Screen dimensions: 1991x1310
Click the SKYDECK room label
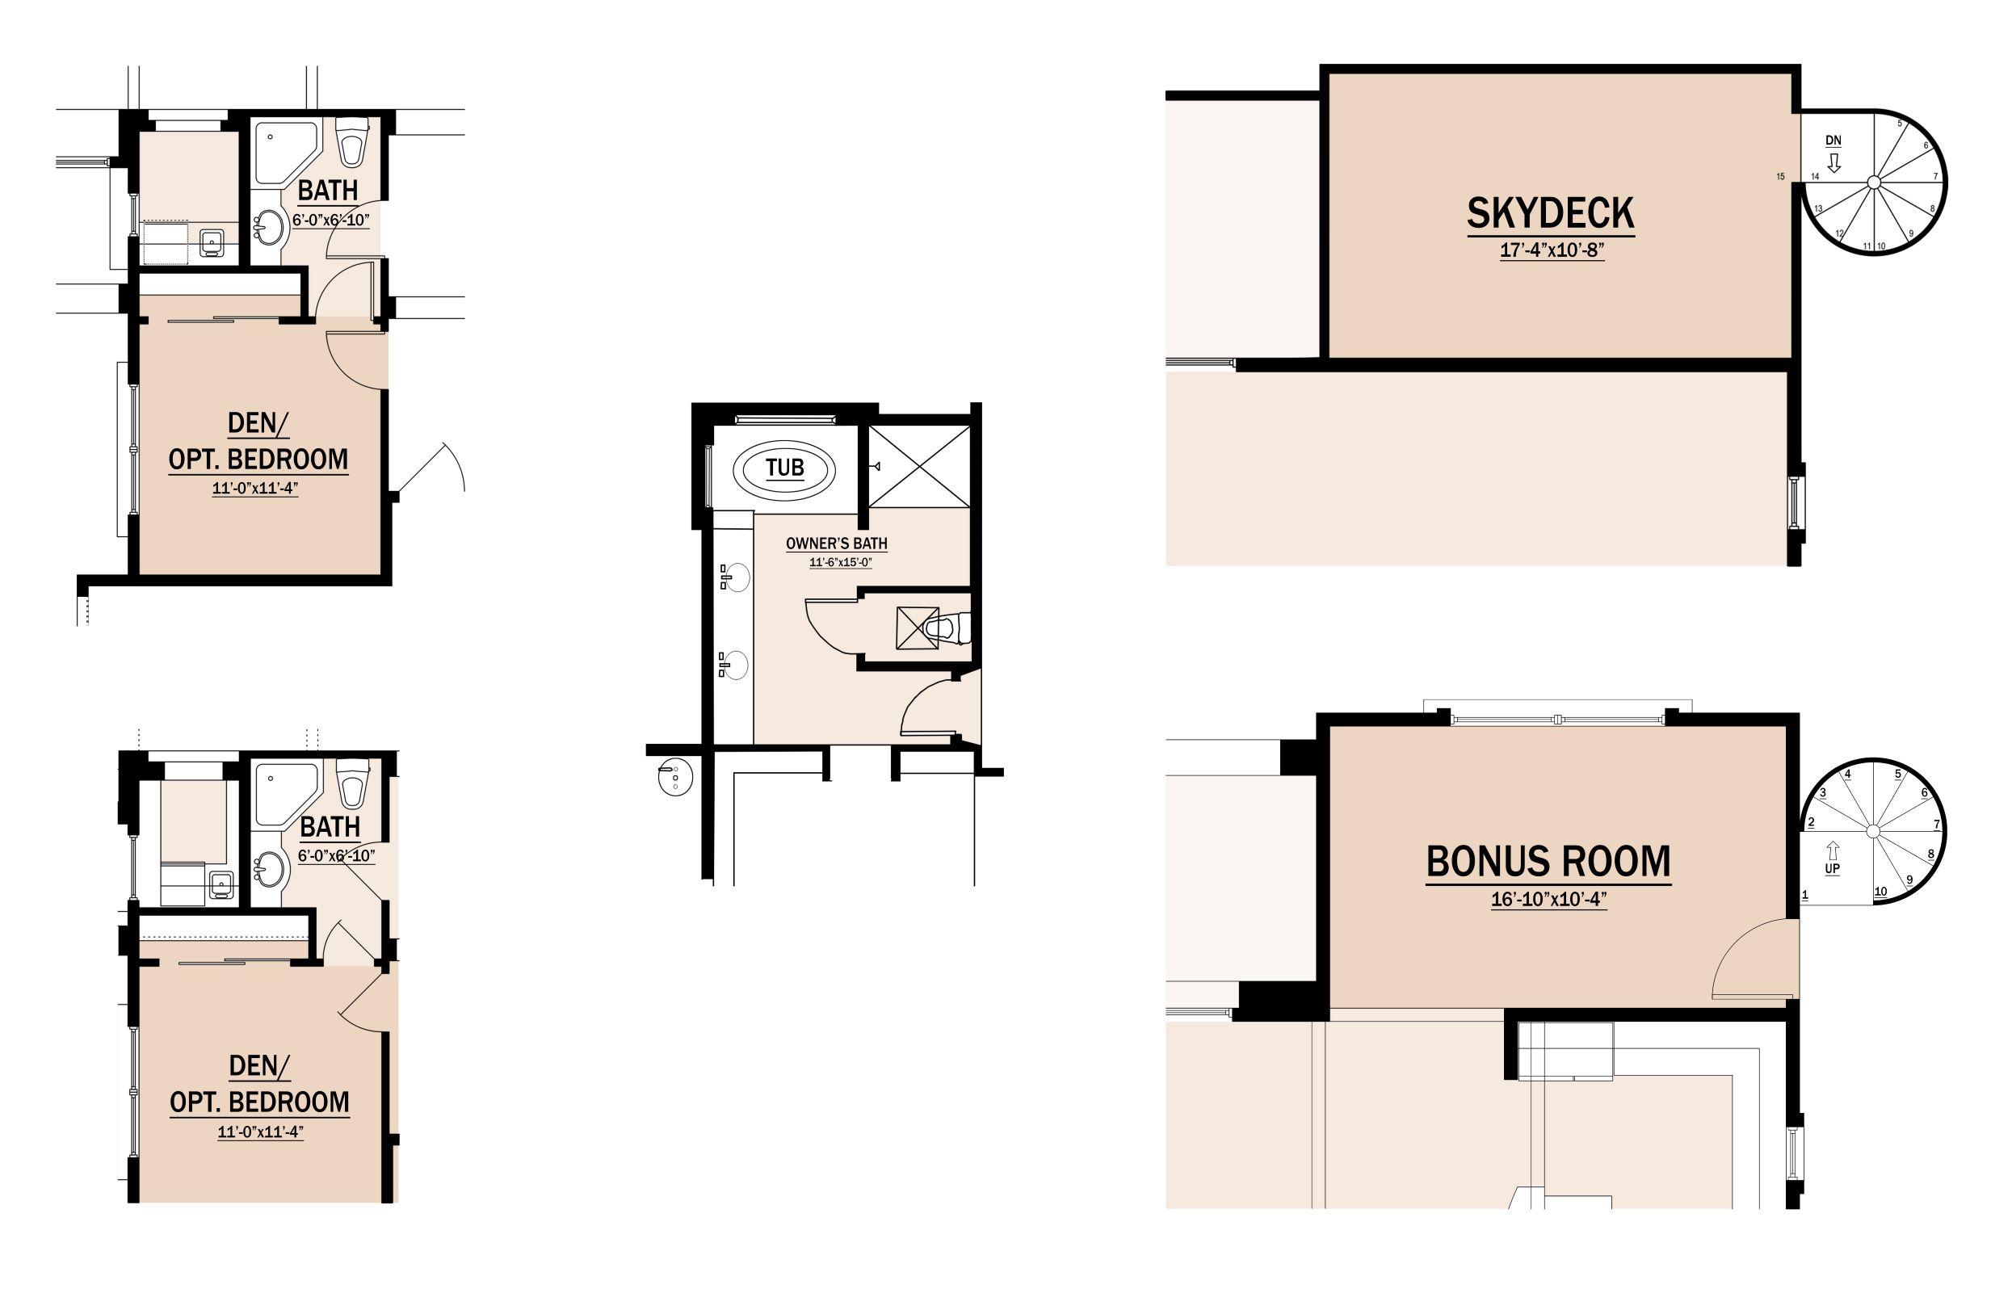pyautogui.click(x=1550, y=213)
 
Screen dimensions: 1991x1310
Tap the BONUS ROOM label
pyautogui.click(x=1548, y=862)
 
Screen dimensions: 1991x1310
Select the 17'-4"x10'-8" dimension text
pyautogui.click(x=1552, y=250)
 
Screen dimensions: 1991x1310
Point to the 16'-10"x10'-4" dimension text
pyautogui.click(x=1549, y=899)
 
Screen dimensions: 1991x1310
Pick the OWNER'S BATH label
pyautogui.click(x=837, y=544)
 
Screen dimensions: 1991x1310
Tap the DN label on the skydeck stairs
pyautogui.click(x=1833, y=141)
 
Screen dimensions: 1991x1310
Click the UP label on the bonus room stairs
pyautogui.click(x=1832, y=869)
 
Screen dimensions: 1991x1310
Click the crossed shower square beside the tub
pyautogui.click(x=919, y=466)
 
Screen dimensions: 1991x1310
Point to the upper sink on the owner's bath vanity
pyautogui.click(x=735, y=577)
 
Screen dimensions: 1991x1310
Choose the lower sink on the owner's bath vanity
pyautogui.click(x=734, y=665)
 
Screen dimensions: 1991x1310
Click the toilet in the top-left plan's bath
pyautogui.click(x=351, y=142)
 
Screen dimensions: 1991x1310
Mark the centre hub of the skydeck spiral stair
pyautogui.click(x=1874, y=182)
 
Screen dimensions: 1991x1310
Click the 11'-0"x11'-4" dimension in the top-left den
pyautogui.click(x=255, y=489)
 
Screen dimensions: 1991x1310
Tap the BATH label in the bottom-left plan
pyautogui.click(x=330, y=826)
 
